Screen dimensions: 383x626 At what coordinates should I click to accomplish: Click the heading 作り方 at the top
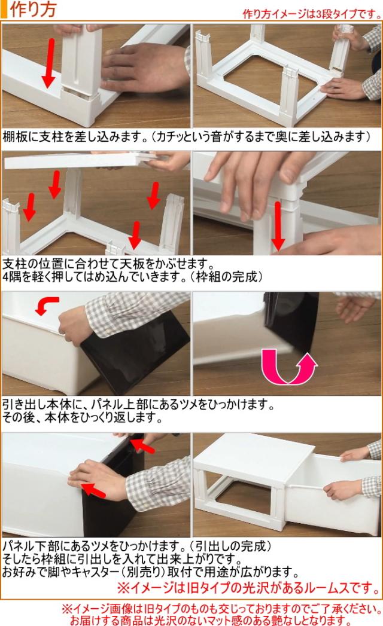tap(33, 10)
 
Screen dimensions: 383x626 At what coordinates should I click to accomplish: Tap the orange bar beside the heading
tap(4, 10)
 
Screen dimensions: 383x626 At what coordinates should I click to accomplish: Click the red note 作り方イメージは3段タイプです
tap(312, 14)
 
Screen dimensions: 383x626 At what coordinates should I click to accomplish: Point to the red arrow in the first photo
tap(49, 63)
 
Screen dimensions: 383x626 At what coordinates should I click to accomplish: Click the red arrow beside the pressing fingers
tap(278, 225)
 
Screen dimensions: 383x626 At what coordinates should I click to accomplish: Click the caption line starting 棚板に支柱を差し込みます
tap(186, 137)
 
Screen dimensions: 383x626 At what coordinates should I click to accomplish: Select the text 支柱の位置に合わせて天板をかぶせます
tap(107, 264)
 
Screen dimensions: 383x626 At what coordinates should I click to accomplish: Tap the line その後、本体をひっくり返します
tap(83, 417)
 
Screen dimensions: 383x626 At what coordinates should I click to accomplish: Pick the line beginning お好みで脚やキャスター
tap(150, 572)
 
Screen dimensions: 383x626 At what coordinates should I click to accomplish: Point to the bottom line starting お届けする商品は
tap(210, 620)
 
